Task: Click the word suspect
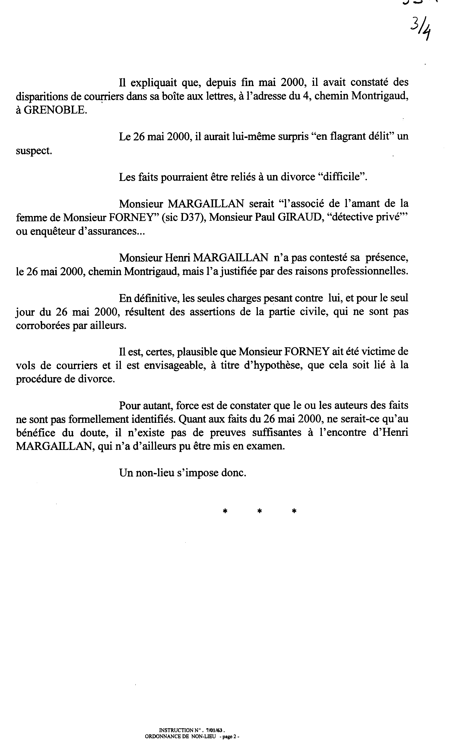point(34,151)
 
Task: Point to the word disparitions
point(41,96)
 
